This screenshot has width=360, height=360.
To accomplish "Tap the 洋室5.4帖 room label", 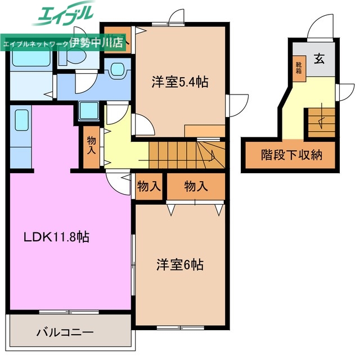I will pyautogui.click(x=179, y=82).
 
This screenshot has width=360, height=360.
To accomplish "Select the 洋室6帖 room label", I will pyautogui.click(x=179, y=264).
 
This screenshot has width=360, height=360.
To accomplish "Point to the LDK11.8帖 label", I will pyautogui.click(x=57, y=237).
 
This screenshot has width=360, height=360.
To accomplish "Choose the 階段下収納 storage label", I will pyautogui.click(x=291, y=154).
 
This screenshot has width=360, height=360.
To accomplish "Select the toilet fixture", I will pyautogui.click(x=118, y=70).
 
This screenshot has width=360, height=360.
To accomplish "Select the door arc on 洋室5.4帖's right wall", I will pyautogui.click(x=238, y=105).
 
